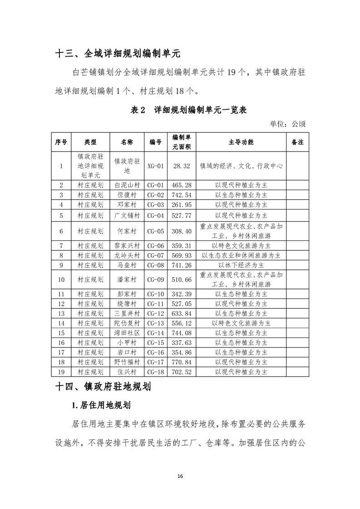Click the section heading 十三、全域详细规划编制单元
pos(118,54)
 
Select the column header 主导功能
pos(241,142)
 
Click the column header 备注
pos(297,142)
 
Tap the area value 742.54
pos(182,195)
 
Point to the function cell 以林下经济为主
pos(241,265)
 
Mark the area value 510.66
pos(182,279)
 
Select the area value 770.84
pos(182,362)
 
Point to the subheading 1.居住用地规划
pos(100,404)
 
